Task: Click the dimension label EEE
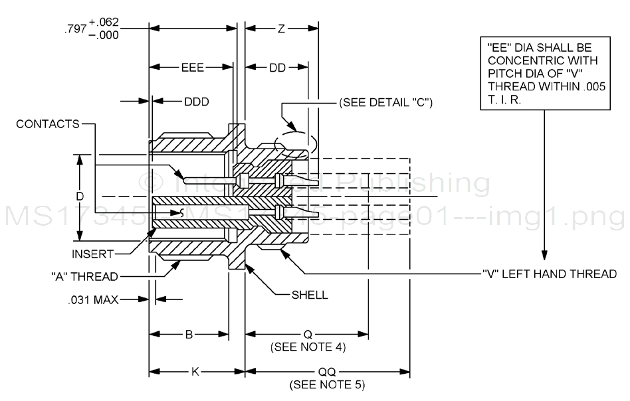tap(191, 68)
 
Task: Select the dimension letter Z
tap(281, 29)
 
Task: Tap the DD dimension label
tap(277, 68)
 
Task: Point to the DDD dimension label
tap(196, 102)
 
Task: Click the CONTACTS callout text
tap(47, 123)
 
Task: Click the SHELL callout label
tap(310, 295)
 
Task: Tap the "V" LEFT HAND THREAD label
tap(549, 274)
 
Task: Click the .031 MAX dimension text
tap(94, 300)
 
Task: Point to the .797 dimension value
tap(73, 31)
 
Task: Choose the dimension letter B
tap(189, 335)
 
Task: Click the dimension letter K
tap(195, 372)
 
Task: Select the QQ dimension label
tap(326, 372)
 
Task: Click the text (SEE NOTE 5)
tap(326, 384)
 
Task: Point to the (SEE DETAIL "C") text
tap(386, 103)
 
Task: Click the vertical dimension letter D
tap(80, 197)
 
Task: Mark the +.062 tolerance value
tap(103, 24)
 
